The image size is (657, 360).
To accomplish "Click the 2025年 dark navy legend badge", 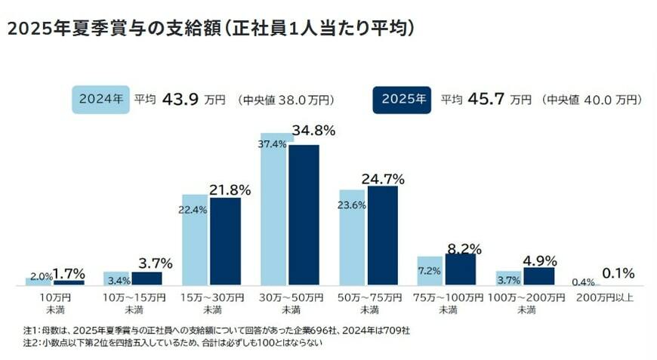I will coord(401,100).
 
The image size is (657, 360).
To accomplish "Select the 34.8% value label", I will coord(313,131).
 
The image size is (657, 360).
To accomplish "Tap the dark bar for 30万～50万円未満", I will coord(304,215).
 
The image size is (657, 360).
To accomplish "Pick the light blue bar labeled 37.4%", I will coord(273,211).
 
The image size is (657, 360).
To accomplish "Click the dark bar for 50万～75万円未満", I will coord(382,235).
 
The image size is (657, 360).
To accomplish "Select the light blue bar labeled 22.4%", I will coord(194,240).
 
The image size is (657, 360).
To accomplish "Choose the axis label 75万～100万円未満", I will coord(448,303).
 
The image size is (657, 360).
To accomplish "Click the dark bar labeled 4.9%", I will coord(538,276).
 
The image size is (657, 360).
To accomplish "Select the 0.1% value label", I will coord(618,273).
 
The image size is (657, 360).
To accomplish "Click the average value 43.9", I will coord(177,99).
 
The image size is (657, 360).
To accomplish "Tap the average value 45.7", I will coord(484,99).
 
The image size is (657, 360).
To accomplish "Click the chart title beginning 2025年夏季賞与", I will coord(211,29).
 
